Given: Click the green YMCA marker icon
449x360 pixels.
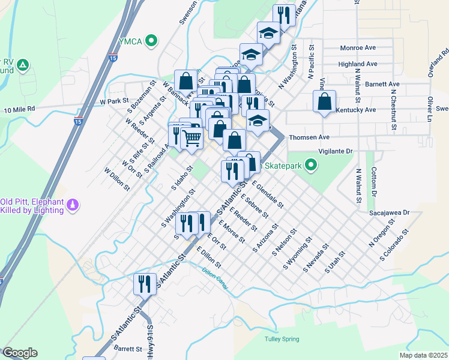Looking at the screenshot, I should (x=152, y=41).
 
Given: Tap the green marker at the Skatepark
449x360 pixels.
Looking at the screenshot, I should (x=310, y=164).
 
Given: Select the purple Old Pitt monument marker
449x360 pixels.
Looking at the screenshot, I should (x=73, y=205).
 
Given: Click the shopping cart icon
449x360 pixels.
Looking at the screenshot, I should (x=191, y=138).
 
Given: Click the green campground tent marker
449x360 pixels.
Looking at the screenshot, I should (x=22, y=65).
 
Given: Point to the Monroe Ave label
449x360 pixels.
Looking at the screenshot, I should (x=357, y=47).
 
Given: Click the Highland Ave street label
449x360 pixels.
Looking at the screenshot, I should (x=358, y=64).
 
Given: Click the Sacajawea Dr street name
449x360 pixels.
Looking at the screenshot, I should (x=388, y=212).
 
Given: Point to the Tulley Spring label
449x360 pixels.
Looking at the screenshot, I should (x=282, y=340).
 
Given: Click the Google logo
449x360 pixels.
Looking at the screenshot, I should (x=20, y=353).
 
